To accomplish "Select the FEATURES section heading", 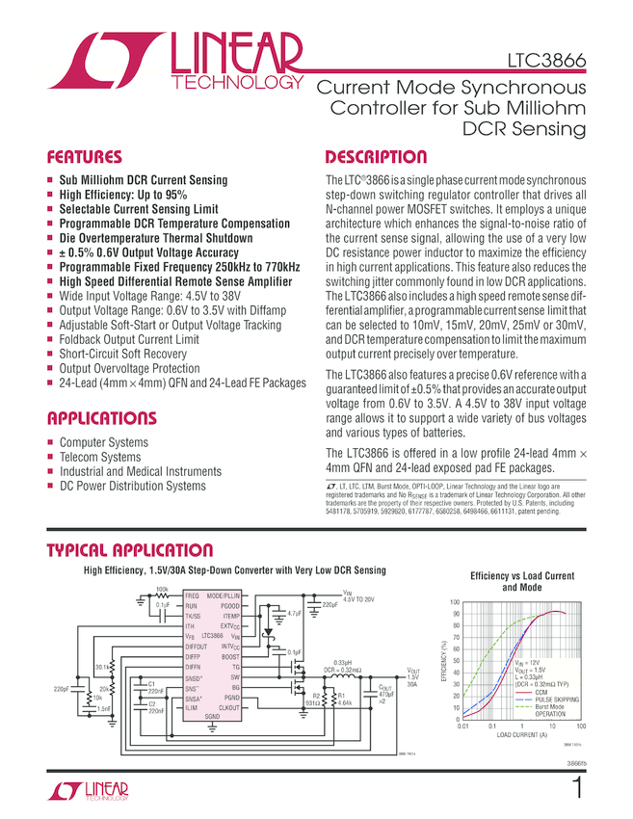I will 85,157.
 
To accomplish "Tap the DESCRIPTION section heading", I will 376,157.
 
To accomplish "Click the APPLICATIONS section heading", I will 101,419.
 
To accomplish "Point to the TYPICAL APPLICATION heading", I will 130,551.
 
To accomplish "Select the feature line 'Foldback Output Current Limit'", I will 129,339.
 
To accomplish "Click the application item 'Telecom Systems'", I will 100,457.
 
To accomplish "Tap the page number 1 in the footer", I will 578,789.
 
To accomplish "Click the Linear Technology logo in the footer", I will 87,791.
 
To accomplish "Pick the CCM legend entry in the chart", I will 541,691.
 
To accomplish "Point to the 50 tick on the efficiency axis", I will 456,673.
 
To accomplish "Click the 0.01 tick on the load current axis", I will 462,727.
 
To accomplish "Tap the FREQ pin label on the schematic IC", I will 193,596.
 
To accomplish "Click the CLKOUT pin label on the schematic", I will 229,706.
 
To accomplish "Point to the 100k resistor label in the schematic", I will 162,589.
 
